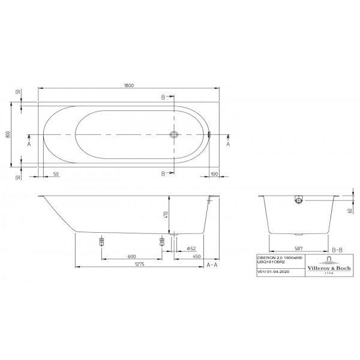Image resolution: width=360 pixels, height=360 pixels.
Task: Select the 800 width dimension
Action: tap(8, 136)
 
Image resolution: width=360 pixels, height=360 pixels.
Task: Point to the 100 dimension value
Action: tap(214, 174)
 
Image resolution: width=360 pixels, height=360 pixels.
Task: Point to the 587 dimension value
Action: tap(298, 247)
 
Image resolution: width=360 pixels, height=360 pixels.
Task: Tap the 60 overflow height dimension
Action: tap(350, 210)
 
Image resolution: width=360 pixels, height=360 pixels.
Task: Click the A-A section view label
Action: tap(212, 265)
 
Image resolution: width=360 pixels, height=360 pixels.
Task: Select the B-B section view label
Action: tap(337, 248)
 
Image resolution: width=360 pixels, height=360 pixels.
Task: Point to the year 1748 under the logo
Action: tap(329, 274)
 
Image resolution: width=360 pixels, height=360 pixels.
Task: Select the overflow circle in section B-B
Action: tap(298, 200)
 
